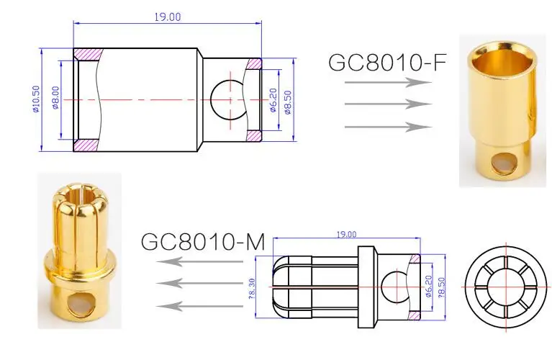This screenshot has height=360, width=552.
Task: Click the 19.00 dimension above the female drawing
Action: click(x=168, y=17)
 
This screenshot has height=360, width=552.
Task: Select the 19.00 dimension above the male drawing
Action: click(x=346, y=235)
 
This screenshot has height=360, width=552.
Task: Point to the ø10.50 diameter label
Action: click(x=36, y=99)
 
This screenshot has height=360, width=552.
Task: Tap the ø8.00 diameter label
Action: click(x=55, y=98)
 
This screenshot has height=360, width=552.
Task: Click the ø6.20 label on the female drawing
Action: click(x=273, y=100)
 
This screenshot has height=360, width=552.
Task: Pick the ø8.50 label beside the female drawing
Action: click(x=288, y=102)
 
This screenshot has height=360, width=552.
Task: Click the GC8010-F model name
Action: click(x=387, y=62)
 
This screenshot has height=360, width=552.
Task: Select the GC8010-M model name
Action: click(x=203, y=241)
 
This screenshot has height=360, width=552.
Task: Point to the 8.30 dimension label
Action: click(x=252, y=289)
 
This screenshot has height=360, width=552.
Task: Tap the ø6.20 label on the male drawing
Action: click(x=428, y=286)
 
